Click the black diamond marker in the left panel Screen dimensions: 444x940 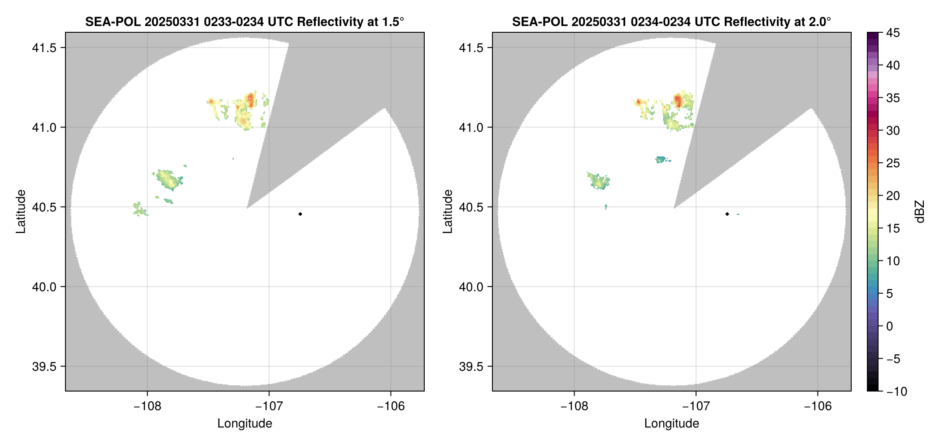click(x=300, y=214)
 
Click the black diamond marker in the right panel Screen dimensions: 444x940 click(x=727, y=214)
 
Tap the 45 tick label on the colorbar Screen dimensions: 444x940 click(x=893, y=33)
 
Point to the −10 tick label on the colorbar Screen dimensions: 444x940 click(x=896, y=392)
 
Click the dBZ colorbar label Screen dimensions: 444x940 click(x=920, y=212)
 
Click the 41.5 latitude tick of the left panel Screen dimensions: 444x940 click(x=44, y=48)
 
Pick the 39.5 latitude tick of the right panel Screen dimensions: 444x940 click(x=470, y=366)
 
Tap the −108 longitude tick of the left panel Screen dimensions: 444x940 click(x=147, y=406)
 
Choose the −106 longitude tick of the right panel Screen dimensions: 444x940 click(x=818, y=406)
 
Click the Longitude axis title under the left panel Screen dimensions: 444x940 click(x=245, y=423)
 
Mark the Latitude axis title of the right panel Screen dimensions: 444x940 click(x=448, y=212)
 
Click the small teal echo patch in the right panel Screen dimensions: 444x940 click(x=661, y=159)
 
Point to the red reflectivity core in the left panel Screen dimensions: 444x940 click(x=250, y=99)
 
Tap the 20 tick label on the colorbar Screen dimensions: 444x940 click(x=893, y=196)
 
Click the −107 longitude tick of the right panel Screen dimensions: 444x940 click(x=696, y=406)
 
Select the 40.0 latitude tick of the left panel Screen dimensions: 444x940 click(x=44, y=287)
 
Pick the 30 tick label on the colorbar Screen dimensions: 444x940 click(x=893, y=131)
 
